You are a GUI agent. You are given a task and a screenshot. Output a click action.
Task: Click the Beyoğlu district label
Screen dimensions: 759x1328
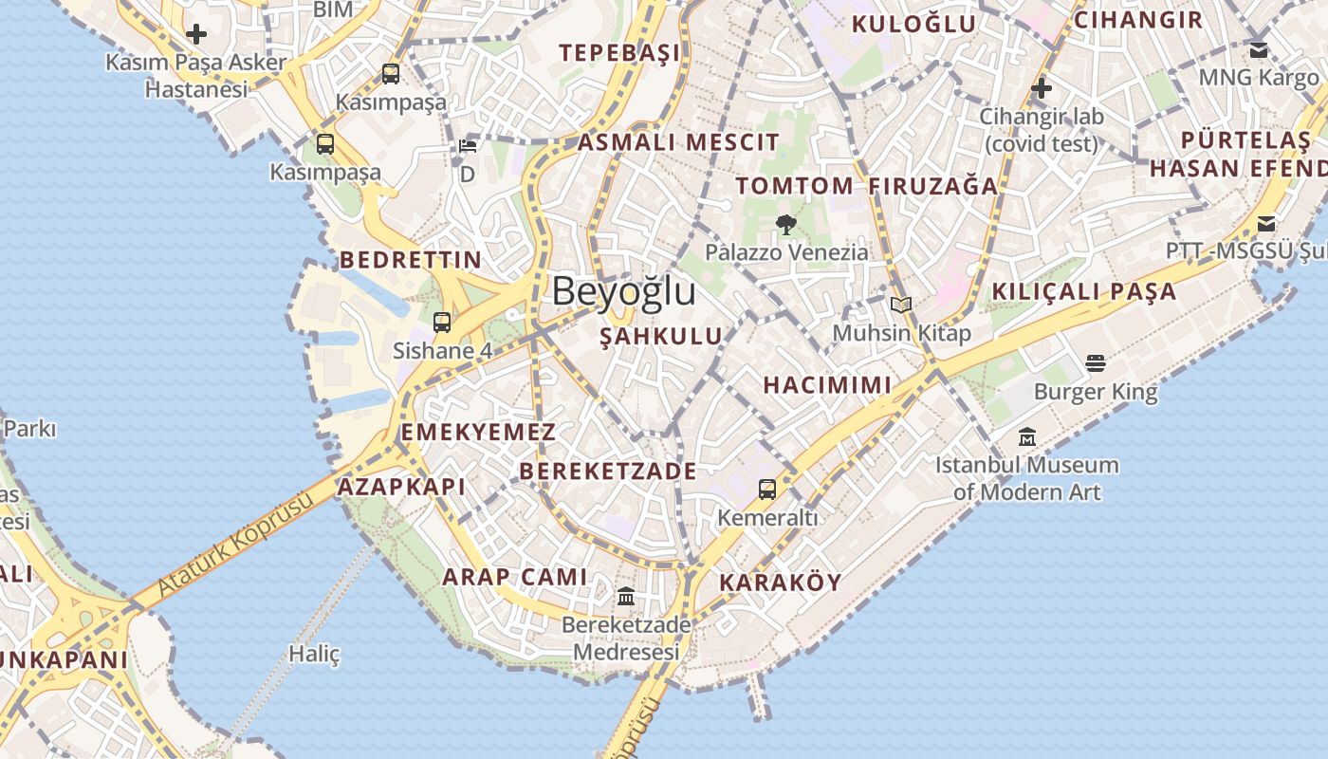click(623, 291)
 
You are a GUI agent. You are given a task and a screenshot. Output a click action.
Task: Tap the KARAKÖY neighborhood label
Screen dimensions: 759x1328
click(780, 583)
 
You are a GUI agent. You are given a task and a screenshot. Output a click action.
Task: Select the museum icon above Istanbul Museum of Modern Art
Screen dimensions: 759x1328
click(1026, 438)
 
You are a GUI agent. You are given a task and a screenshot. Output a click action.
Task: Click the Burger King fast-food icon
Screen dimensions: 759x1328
click(1096, 363)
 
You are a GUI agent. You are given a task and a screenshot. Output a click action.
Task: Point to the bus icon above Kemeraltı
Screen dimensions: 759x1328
click(766, 490)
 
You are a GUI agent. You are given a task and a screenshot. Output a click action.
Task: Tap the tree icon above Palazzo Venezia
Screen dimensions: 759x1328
click(785, 225)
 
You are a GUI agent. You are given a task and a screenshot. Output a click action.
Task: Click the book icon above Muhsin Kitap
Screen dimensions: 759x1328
click(901, 305)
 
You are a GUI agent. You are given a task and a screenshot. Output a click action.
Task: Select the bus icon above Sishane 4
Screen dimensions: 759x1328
click(442, 322)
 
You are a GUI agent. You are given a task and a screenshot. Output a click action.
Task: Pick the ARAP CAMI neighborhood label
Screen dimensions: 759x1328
click(515, 577)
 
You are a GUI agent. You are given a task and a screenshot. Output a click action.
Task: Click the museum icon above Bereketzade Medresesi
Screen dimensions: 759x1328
click(626, 597)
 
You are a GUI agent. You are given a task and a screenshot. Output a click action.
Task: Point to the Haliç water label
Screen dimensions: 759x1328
click(314, 654)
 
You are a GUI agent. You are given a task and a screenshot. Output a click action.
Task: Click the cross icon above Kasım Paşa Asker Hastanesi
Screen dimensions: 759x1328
click(196, 35)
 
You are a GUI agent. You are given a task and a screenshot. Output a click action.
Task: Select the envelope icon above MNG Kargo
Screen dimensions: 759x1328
click(1259, 50)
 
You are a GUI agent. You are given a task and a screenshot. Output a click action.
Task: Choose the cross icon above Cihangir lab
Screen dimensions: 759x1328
click(1042, 89)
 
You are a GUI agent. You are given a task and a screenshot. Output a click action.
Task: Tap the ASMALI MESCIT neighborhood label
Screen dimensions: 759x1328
click(678, 143)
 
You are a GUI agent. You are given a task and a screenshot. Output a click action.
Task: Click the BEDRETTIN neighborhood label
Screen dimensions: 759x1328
click(411, 260)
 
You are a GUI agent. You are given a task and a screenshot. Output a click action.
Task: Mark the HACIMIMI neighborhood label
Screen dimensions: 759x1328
click(827, 385)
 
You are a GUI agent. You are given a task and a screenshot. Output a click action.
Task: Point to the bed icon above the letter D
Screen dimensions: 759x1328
click(468, 146)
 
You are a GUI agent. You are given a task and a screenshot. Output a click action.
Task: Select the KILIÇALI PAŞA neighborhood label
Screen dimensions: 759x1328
click(1083, 292)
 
